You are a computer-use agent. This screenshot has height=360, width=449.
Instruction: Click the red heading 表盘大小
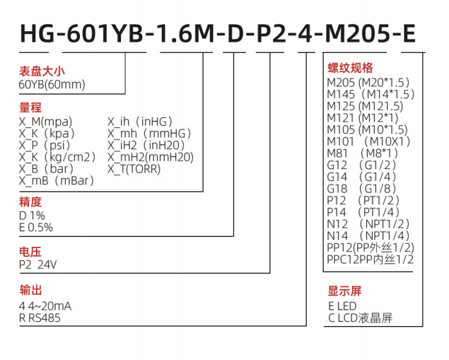[x=42, y=71]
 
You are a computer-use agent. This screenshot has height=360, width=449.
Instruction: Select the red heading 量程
[x=30, y=108]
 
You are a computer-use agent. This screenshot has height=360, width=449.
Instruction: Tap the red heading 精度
[x=30, y=202]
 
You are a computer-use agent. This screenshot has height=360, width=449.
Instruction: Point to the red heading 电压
[x=30, y=252]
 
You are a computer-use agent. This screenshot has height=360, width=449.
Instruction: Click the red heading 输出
[x=30, y=290]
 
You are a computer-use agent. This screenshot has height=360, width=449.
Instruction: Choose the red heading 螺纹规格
[x=351, y=68]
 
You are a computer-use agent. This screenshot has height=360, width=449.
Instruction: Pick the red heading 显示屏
[x=345, y=291]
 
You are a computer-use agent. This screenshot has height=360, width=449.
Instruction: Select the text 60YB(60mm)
[x=52, y=84]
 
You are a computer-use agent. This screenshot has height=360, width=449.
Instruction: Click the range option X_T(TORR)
[x=134, y=169]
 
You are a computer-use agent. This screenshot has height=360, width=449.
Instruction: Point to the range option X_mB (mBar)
[x=57, y=181]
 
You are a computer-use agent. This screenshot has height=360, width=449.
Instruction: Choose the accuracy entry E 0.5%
[x=36, y=228]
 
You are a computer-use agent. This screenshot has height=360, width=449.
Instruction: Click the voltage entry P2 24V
[x=37, y=265]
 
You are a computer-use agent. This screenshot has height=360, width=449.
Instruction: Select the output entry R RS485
[x=40, y=318]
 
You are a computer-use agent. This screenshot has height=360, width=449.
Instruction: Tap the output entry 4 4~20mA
[x=45, y=306]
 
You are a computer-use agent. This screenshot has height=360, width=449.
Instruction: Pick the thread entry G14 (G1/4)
[x=361, y=177]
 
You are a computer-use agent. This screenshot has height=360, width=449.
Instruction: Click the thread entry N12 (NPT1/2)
[x=368, y=224]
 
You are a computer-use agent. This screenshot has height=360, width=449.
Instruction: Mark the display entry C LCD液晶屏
[x=360, y=318]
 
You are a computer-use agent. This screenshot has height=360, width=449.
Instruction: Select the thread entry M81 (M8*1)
[x=363, y=153]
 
